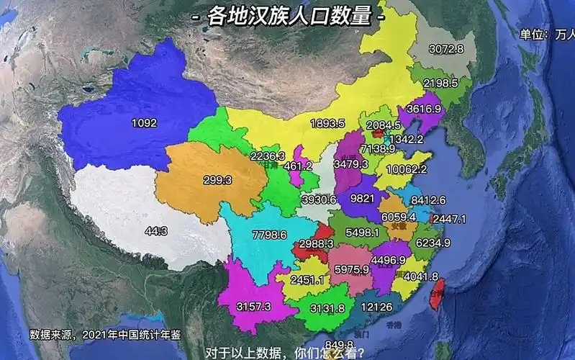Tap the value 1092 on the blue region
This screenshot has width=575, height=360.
point(144,123)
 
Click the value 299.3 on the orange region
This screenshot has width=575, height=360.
point(217,181)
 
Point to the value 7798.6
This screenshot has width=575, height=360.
point(270,235)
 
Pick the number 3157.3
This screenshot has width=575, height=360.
point(253,307)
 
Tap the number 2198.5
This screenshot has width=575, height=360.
point(440,83)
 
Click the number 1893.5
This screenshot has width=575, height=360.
point(327,123)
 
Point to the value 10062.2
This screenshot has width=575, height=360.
point(407,169)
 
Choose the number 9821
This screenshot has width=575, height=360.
point(362,198)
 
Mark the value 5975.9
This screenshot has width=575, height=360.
point(352,269)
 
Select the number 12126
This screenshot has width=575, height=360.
point(377,307)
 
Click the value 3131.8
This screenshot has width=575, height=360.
point(327,308)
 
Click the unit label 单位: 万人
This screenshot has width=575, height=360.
point(548,34)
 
